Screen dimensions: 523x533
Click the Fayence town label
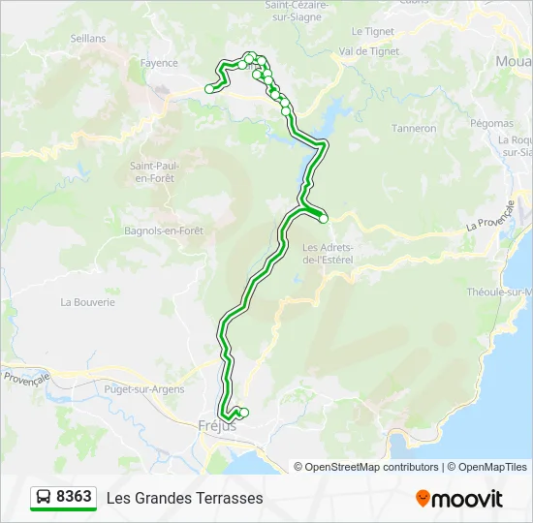click(x=159, y=63)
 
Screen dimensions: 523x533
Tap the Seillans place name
click(x=86, y=38)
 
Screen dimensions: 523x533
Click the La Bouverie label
click(x=87, y=302)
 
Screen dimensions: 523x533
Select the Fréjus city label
click(x=216, y=425)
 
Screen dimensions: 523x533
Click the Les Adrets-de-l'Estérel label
click(x=329, y=253)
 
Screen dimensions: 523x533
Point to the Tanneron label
click(x=414, y=128)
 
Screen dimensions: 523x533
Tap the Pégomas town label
click(x=491, y=123)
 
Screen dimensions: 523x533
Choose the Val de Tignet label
click(x=367, y=50)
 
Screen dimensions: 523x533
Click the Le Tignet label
click(x=373, y=31)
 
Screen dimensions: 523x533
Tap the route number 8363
click(x=75, y=497)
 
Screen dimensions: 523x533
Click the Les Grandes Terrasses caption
click(x=184, y=498)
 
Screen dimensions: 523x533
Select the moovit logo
click(x=459, y=499)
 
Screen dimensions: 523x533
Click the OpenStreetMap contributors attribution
click(x=372, y=467)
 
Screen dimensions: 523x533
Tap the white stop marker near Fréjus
click(x=243, y=414)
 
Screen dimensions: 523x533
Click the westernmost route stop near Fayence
click(x=208, y=89)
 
